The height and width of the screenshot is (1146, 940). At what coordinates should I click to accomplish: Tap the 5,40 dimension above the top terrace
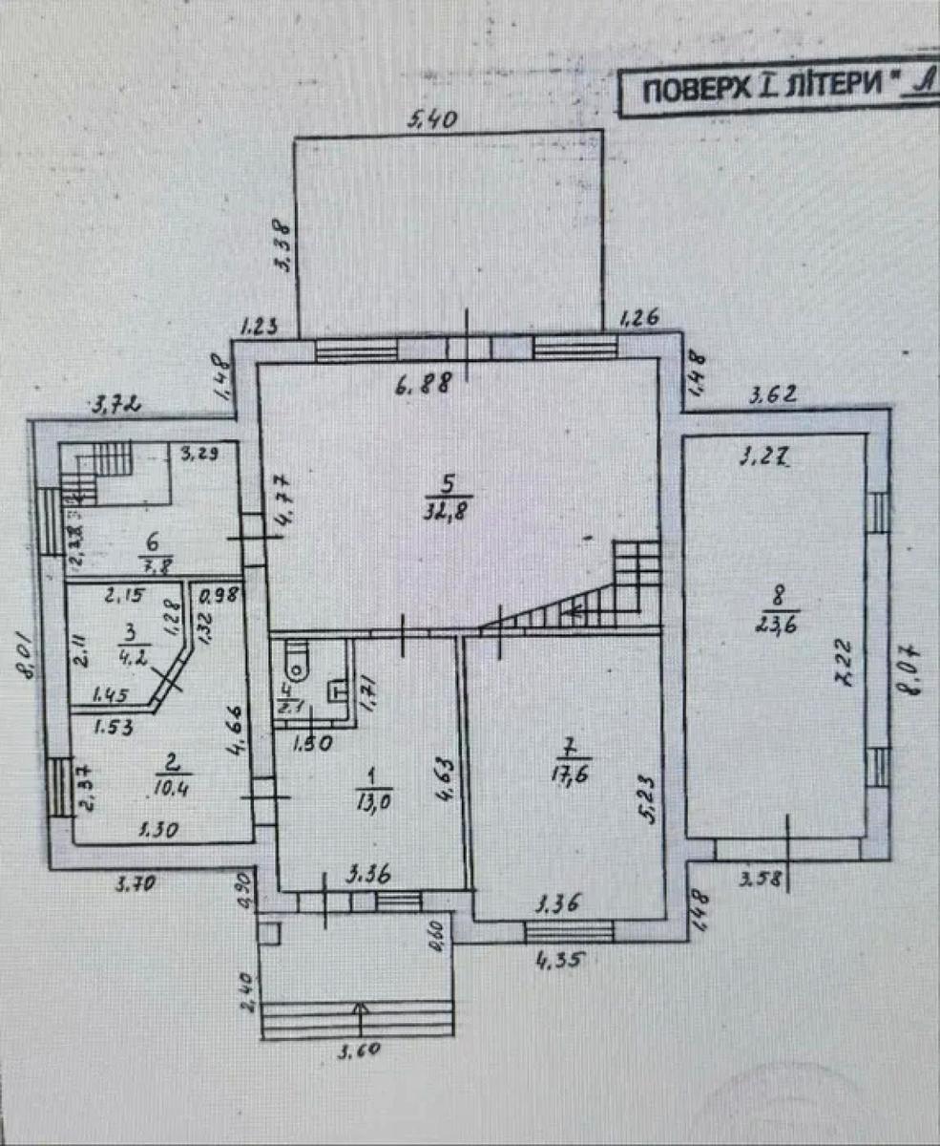click(434, 120)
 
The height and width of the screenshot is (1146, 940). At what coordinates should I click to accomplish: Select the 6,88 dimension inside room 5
click(425, 386)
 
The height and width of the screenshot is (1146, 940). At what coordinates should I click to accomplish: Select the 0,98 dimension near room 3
click(216, 595)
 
